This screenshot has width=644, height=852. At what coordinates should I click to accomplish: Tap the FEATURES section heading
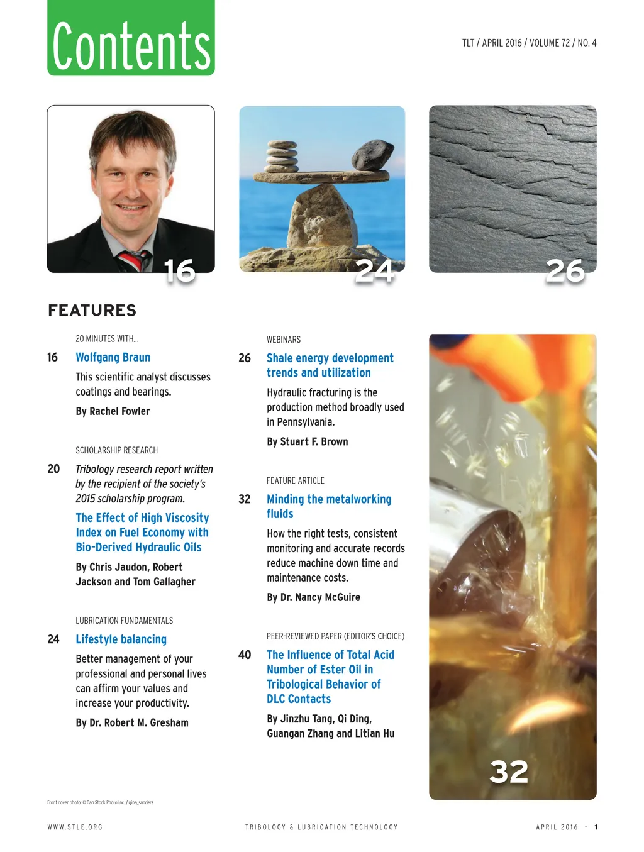click(x=92, y=311)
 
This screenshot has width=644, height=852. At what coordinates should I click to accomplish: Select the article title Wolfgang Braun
click(x=113, y=358)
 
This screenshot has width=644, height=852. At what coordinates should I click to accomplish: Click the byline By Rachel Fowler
click(x=113, y=411)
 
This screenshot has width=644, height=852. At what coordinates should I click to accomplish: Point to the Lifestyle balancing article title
click(x=121, y=639)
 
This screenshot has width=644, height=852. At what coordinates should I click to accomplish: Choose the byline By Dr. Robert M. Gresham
click(x=132, y=723)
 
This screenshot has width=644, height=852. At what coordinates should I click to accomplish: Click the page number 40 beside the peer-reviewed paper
click(x=245, y=655)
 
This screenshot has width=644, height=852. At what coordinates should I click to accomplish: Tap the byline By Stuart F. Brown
click(x=307, y=442)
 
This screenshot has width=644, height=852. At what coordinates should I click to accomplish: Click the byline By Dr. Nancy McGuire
click(x=313, y=597)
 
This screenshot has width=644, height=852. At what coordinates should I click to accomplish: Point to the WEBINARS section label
click(x=284, y=340)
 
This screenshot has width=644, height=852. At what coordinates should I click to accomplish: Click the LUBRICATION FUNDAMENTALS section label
click(x=124, y=621)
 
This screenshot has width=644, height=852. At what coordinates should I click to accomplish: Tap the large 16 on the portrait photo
click(x=179, y=271)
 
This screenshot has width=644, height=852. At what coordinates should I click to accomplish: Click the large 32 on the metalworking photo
click(x=509, y=772)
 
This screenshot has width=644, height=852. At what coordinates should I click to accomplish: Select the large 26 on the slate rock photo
click(x=565, y=271)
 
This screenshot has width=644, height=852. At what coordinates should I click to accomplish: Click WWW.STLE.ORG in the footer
click(x=75, y=827)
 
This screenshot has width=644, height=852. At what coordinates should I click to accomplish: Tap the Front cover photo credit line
click(x=100, y=802)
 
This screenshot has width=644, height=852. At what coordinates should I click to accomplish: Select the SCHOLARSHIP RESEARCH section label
click(x=116, y=451)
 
